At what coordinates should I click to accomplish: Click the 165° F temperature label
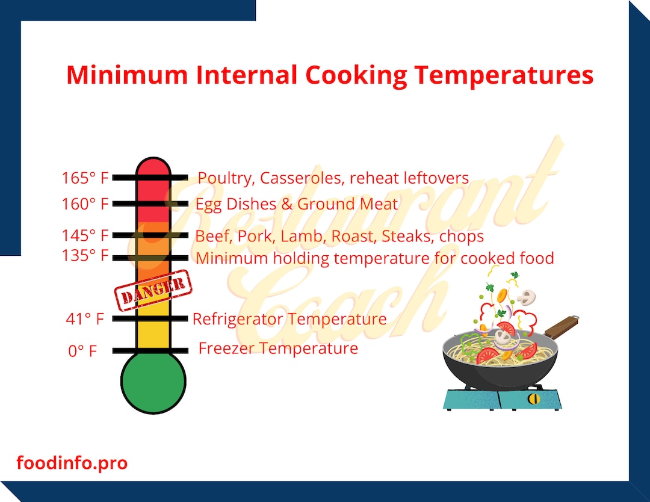pyautogui.click(x=85, y=178)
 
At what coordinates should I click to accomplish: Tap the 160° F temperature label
pyautogui.click(x=85, y=204)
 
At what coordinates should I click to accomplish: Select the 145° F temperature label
pyautogui.click(x=85, y=235)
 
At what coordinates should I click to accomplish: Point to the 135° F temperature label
pyautogui.click(x=85, y=256)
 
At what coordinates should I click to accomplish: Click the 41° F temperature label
pyautogui.click(x=85, y=319)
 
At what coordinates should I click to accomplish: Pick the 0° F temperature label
pyautogui.click(x=82, y=351)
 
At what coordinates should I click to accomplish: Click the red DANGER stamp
pyautogui.click(x=153, y=290)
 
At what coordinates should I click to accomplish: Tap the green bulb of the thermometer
pyautogui.click(x=153, y=382)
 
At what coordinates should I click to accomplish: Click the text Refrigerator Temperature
pyautogui.click(x=289, y=319)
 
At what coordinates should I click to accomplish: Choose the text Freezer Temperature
pyautogui.click(x=278, y=349)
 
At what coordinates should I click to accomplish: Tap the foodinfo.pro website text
pyautogui.click(x=72, y=463)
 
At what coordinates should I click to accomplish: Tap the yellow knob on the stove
pyautogui.click(x=532, y=398)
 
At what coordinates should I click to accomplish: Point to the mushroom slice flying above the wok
pyautogui.click(x=527, y=296)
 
